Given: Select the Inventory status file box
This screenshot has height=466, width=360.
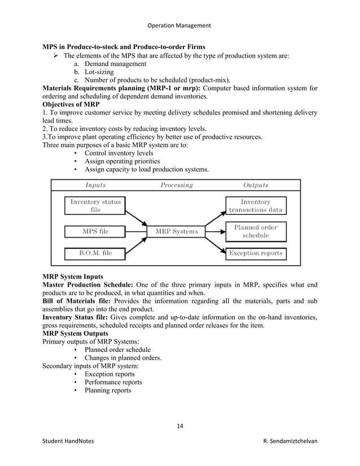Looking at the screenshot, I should point(95,205).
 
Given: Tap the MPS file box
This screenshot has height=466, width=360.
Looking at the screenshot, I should point(95,231).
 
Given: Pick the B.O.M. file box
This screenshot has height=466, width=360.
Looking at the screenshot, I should point(95,253).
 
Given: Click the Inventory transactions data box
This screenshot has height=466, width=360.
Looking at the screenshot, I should point(255,205).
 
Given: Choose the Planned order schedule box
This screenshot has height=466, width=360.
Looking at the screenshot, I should point(255,231).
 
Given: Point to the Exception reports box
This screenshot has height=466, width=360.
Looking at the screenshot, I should point(255,253).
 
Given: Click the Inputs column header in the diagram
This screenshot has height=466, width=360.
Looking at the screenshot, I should point(95,184).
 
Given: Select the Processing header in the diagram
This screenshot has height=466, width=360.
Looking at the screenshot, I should point(176,184).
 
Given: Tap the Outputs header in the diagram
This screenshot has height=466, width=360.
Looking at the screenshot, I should point(255,184).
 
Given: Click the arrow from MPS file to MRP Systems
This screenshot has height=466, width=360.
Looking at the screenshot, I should point(135,231).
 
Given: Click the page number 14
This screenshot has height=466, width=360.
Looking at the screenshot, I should point(180,425).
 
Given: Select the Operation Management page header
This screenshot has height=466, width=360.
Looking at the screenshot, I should point(179,25).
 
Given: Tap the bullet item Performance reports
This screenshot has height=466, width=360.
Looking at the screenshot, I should point(113,382).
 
